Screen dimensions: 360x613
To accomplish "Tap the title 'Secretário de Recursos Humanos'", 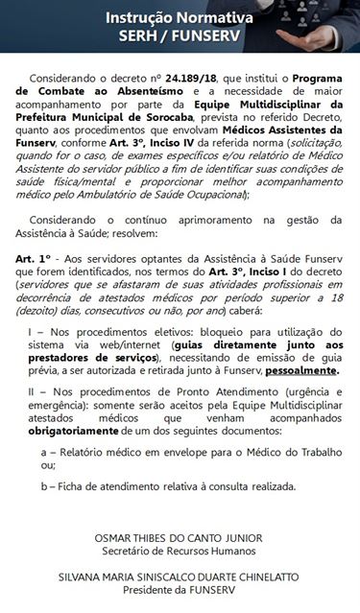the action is click(179, 552).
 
